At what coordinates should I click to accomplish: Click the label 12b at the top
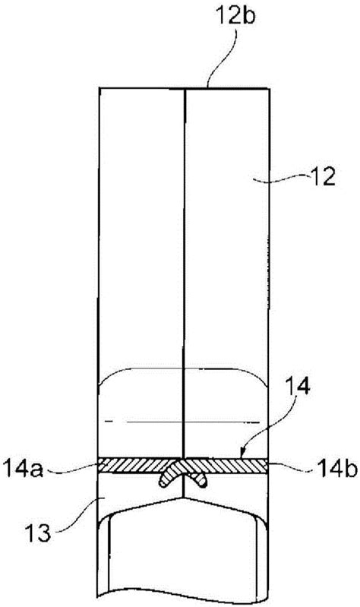coord(235,16)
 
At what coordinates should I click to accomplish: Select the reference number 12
coord(321,178)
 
